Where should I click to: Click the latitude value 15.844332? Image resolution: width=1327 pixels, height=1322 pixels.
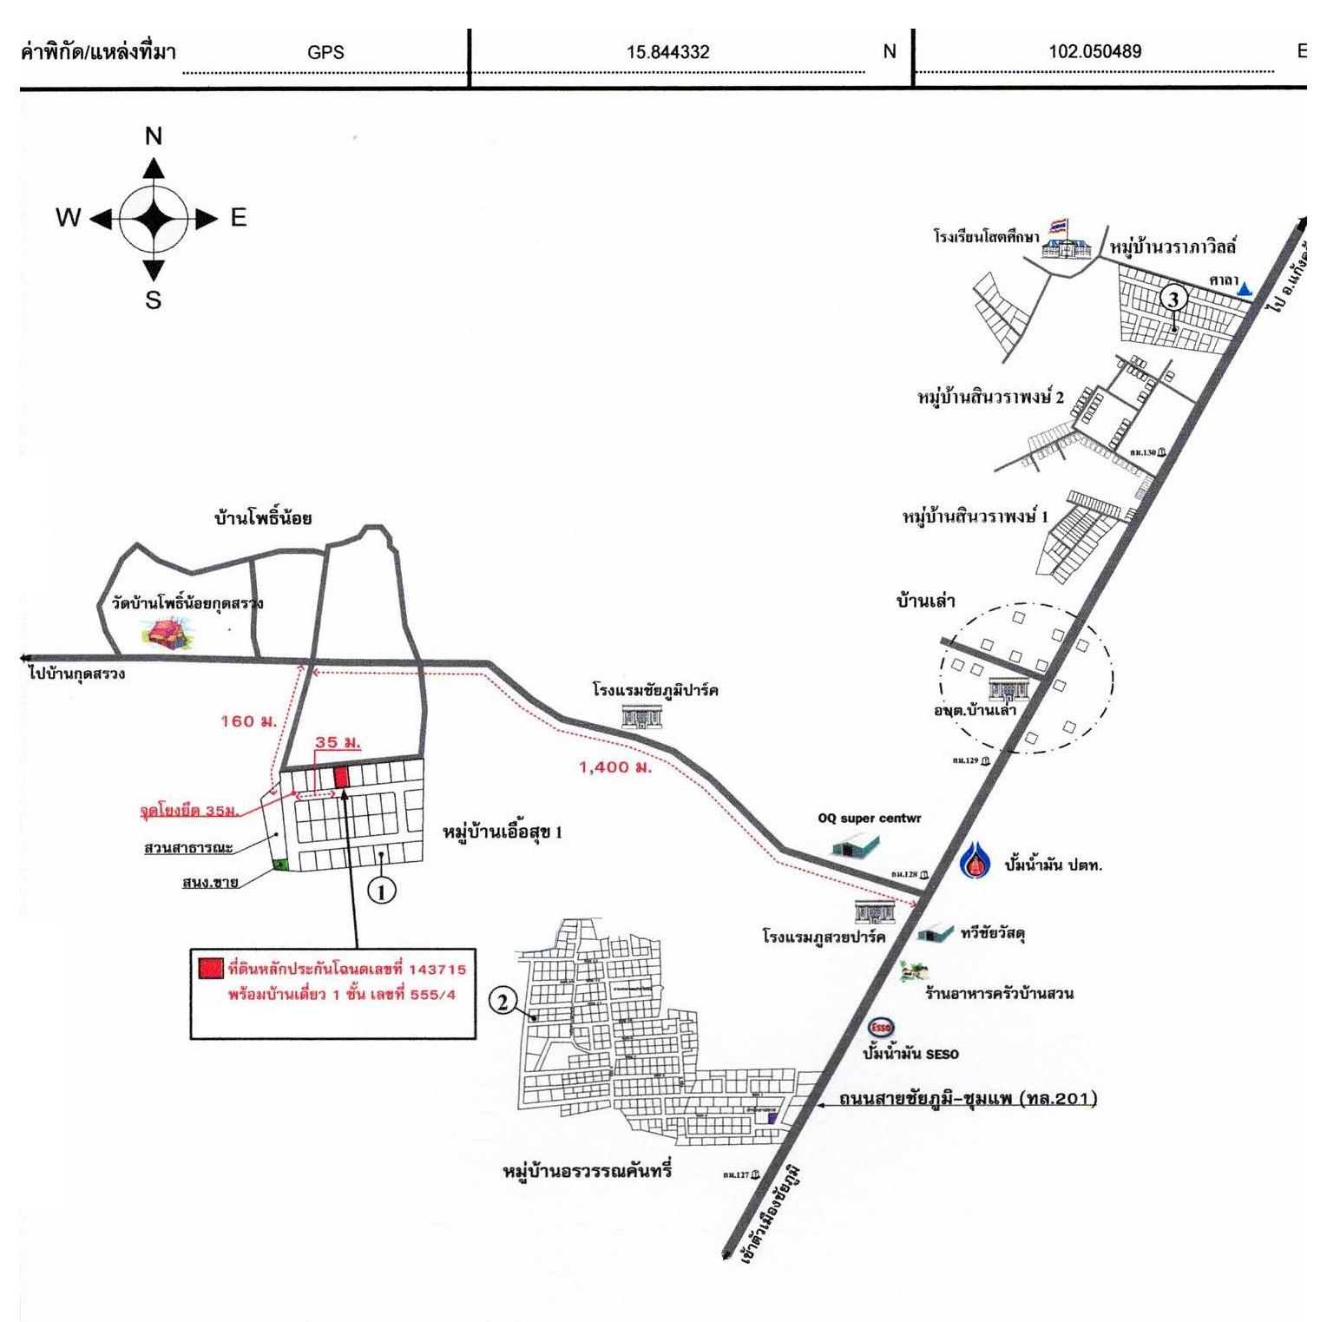point(667,52)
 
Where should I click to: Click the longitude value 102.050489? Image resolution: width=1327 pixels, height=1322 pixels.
point(1094,51)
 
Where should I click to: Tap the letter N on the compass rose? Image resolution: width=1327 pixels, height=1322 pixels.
point(154,136)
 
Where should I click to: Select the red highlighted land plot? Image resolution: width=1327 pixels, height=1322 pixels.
point(342,776)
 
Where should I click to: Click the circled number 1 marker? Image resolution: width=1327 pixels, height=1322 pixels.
point(382,890)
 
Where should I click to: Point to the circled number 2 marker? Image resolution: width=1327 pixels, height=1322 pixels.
point(503,1002)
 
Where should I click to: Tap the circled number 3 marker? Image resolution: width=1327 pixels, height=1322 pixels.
point(1173,299)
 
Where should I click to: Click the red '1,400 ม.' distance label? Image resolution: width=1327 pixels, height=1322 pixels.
point(614,767)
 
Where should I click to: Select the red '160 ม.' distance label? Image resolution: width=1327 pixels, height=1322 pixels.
point(248,721)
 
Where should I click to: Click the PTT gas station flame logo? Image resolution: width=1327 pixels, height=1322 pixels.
point(976,861)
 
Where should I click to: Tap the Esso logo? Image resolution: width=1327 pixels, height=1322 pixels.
point(881,1027)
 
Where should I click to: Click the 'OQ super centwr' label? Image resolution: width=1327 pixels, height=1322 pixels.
point(869,819)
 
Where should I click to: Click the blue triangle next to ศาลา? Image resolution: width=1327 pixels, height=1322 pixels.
point(1245,289)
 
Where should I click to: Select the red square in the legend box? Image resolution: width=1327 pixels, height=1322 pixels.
point(210,969)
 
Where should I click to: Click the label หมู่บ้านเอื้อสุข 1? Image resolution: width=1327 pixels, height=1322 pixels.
point(503,832)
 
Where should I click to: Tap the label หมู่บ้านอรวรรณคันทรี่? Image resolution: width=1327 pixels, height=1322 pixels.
point(587,1171)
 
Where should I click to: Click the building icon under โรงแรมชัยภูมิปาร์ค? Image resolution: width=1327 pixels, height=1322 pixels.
point(642,716)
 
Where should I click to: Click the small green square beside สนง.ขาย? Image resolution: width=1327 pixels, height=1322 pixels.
point(279,864)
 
